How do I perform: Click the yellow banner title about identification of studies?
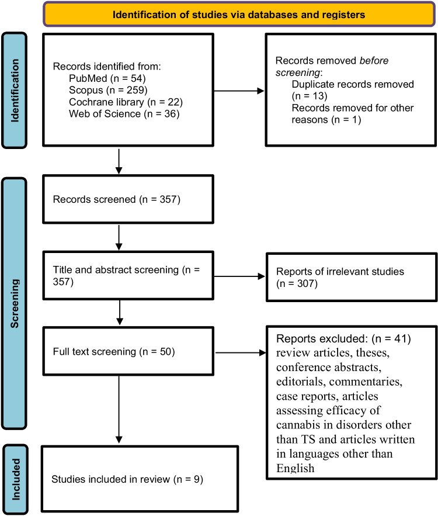239,14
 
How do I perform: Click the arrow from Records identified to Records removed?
239,91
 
